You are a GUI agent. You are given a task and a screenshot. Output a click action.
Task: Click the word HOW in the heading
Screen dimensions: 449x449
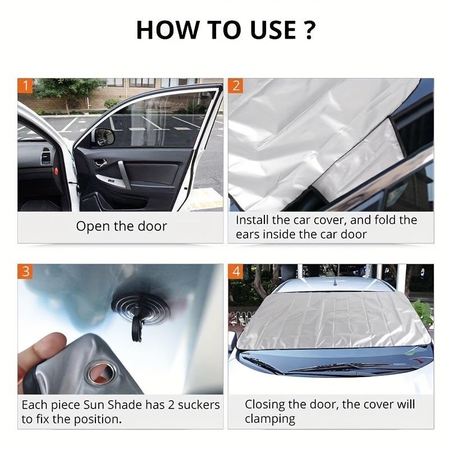point(163,30)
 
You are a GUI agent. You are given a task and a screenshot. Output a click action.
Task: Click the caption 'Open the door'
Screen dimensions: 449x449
point(121,226)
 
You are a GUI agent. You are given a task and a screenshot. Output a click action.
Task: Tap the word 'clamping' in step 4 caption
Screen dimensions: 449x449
point(269,419)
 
